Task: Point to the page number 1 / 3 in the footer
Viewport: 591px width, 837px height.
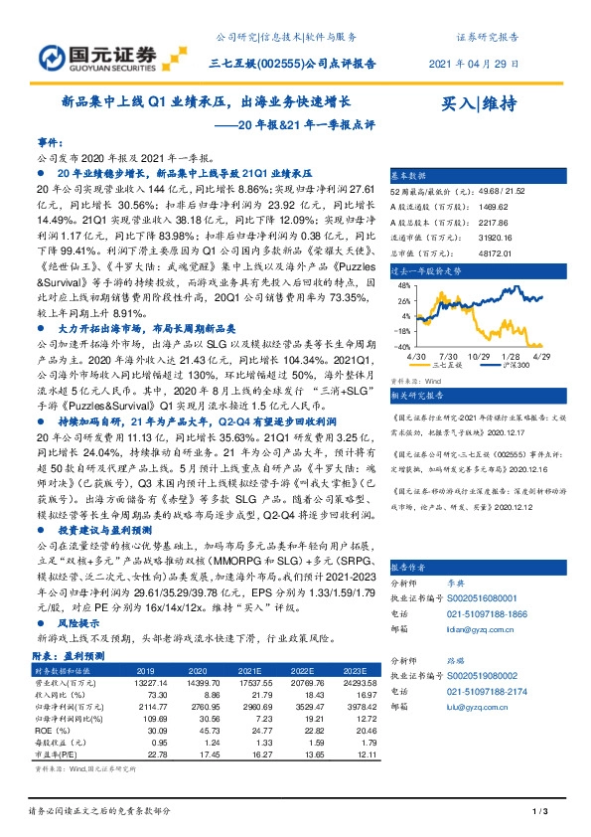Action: click(x=542, y=811)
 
